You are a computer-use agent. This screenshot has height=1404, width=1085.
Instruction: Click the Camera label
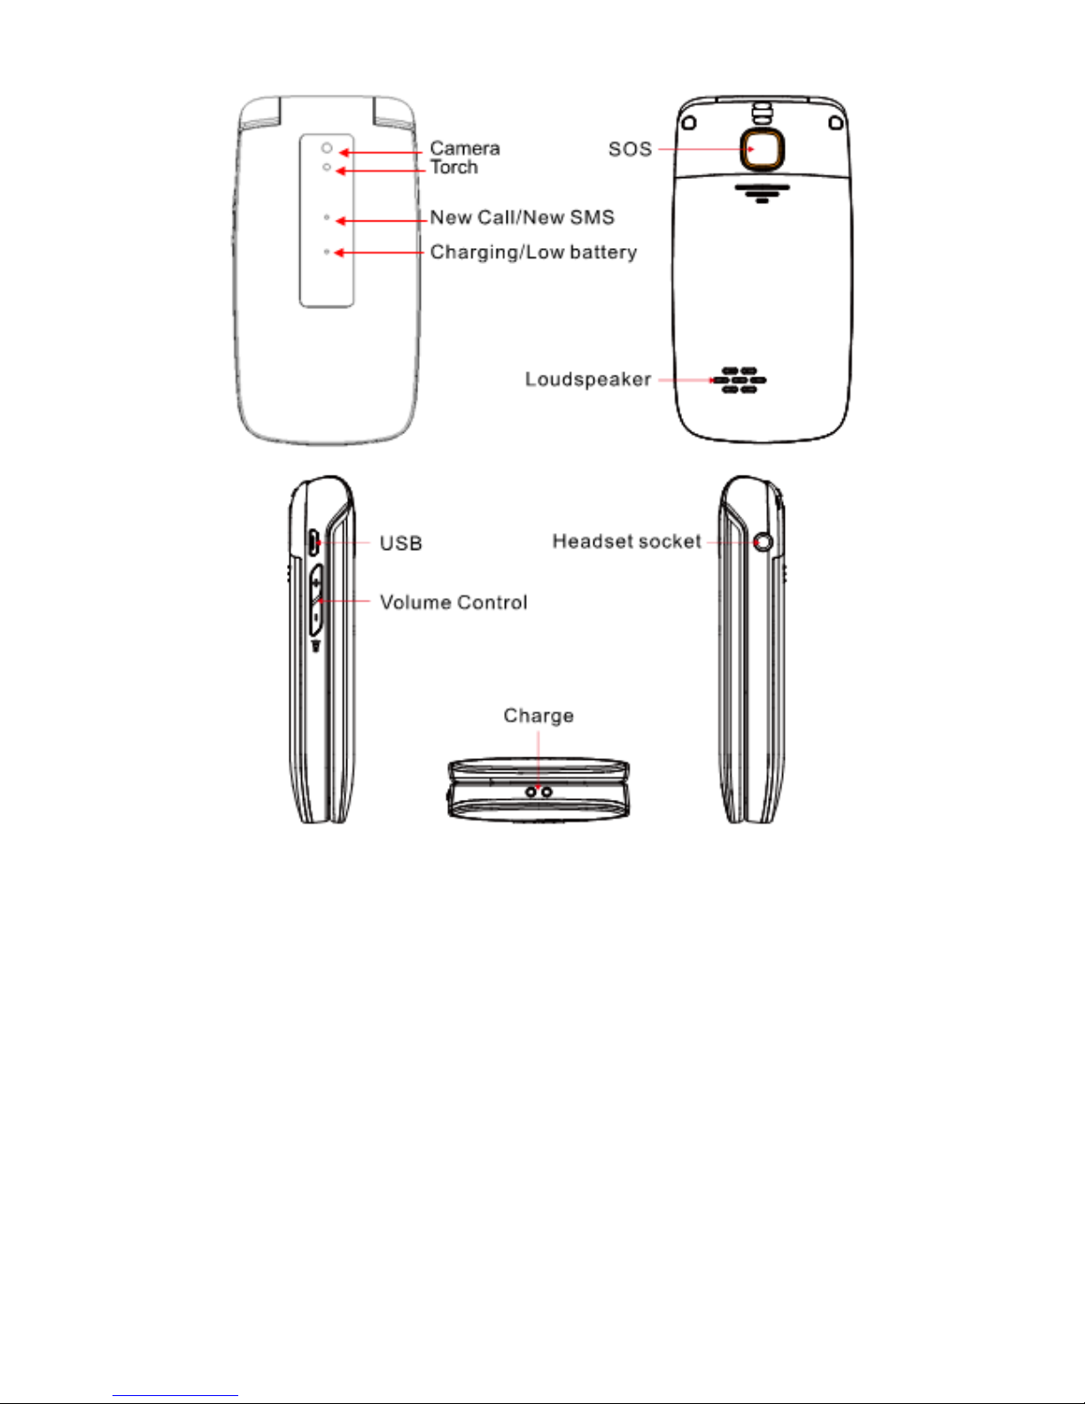[465, 148]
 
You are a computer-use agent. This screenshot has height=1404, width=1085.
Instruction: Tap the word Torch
[454, 167]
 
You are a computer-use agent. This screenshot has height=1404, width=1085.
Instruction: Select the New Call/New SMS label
[522, 217]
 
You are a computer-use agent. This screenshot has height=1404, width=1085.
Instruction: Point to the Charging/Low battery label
[533, 252]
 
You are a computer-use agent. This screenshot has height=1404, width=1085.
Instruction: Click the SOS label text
[630, 149]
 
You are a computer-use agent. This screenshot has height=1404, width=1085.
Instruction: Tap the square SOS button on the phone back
[762, 149]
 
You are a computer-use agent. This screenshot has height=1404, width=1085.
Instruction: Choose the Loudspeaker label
[588, 379]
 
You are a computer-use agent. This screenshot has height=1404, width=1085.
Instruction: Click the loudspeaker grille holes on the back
[740, 380]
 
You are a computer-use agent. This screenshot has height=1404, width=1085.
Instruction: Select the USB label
[400, 543]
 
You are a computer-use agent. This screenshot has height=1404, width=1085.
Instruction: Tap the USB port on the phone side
[314, 541]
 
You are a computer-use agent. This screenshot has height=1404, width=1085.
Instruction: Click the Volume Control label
[453, 602]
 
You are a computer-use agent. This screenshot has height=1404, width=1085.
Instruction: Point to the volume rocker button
[316, 601]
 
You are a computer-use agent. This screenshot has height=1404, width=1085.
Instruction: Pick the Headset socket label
[626, 541]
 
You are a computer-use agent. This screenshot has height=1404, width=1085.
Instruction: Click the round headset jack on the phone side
[763, 541]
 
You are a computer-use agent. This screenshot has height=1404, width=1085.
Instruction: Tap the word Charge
[539, 715]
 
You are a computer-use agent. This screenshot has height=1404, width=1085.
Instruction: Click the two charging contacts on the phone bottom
[539, 791]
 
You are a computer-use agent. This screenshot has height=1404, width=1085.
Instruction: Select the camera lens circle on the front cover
[327, 148]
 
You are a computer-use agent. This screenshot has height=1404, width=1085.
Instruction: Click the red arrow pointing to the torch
[381, 171]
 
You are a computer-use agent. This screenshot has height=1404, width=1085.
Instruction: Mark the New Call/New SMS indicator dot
[327, 217]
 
